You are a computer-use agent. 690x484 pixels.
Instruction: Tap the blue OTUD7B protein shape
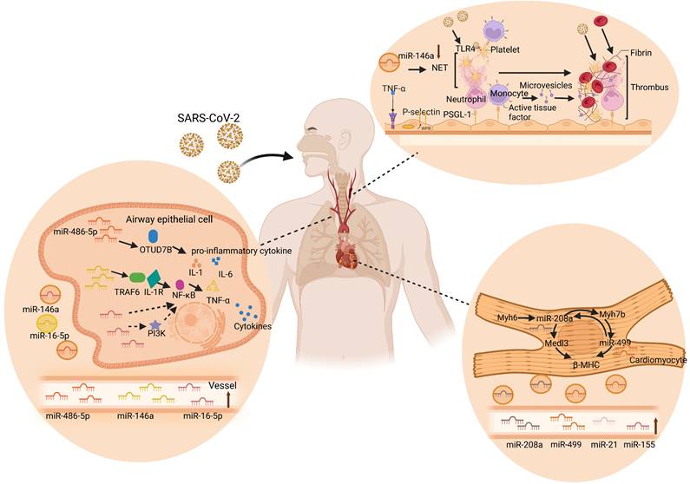point(154,236)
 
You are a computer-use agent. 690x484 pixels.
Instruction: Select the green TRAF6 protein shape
point(137,278)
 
